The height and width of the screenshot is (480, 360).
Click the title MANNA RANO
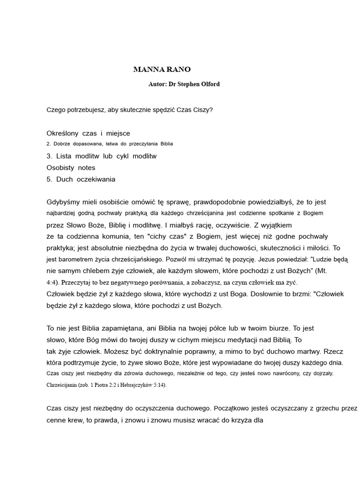[162, 70]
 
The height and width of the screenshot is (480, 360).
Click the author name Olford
[209, 84]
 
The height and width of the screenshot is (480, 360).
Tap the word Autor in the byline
[157, 84]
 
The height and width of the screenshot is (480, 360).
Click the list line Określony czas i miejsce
[88, 134]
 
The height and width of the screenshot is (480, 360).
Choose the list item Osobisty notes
[71, 167]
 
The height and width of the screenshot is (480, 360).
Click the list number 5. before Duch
[50, 179]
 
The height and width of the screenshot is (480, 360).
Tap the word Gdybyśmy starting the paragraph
[64, 202]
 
